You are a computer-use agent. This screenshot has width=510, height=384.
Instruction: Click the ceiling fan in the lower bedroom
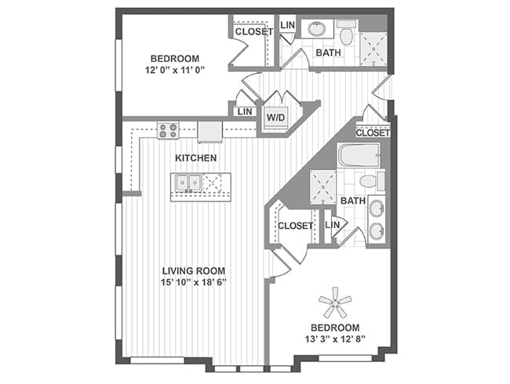[335, 303]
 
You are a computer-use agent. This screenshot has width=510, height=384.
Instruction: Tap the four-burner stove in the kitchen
[168, 130]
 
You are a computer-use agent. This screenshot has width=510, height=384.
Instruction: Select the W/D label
[276, 118]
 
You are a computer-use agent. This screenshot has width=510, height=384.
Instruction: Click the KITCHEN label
[196, 158]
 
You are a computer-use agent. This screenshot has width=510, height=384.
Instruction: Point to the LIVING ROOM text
[194, 270]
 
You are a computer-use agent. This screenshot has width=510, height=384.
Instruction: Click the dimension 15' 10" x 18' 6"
[194, 282]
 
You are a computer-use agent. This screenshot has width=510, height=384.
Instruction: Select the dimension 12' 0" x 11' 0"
[175, 70]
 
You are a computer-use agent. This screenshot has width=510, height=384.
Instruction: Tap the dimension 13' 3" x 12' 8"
[335, 339]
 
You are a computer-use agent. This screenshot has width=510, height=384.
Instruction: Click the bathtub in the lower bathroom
[359, 155]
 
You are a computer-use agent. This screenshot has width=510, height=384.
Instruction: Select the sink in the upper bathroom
[316, 29]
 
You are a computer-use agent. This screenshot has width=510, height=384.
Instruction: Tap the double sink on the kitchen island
[188, 183]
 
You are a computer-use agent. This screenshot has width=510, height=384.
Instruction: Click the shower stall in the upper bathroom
[373, 49]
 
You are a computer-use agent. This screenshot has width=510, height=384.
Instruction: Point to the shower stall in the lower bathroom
[322, 187]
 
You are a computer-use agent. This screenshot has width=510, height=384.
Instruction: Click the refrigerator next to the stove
[209, 132]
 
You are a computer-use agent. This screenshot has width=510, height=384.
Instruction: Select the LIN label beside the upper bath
[287, 25]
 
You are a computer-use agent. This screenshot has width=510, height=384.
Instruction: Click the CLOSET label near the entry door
[373, 132]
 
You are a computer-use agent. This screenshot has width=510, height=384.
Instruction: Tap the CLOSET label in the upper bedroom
[253, 31]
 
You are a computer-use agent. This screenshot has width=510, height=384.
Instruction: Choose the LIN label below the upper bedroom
[245, 111]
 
